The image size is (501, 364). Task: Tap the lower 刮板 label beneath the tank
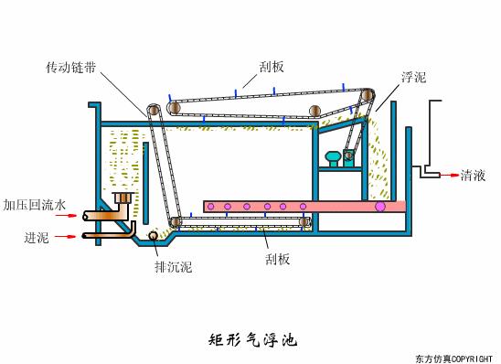pyautogui.click(x=278, y=259)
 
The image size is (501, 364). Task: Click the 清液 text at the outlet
pyautogui.click(x=472, y=174)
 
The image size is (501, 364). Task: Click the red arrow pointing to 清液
pyautogui.click(x=448, y=174)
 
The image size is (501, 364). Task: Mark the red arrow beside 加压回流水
pyautogui.click(x=65, y=218)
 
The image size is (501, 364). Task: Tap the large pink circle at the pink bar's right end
pyautogui.click(x=380, y=207)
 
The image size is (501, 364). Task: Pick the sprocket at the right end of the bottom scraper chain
pyautogui.click(x=305, y=221)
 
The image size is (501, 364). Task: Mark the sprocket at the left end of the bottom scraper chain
pyautogui.click(x=175, y=222)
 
